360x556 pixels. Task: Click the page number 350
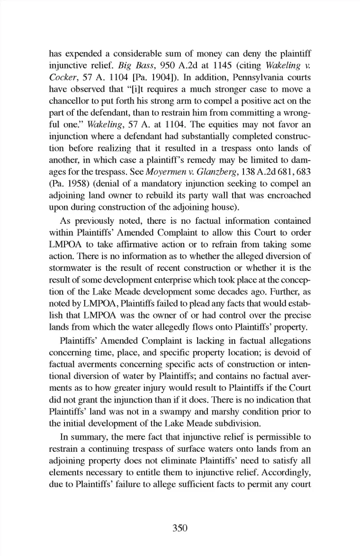click(180, 528)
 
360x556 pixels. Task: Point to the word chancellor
click(68, 101)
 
